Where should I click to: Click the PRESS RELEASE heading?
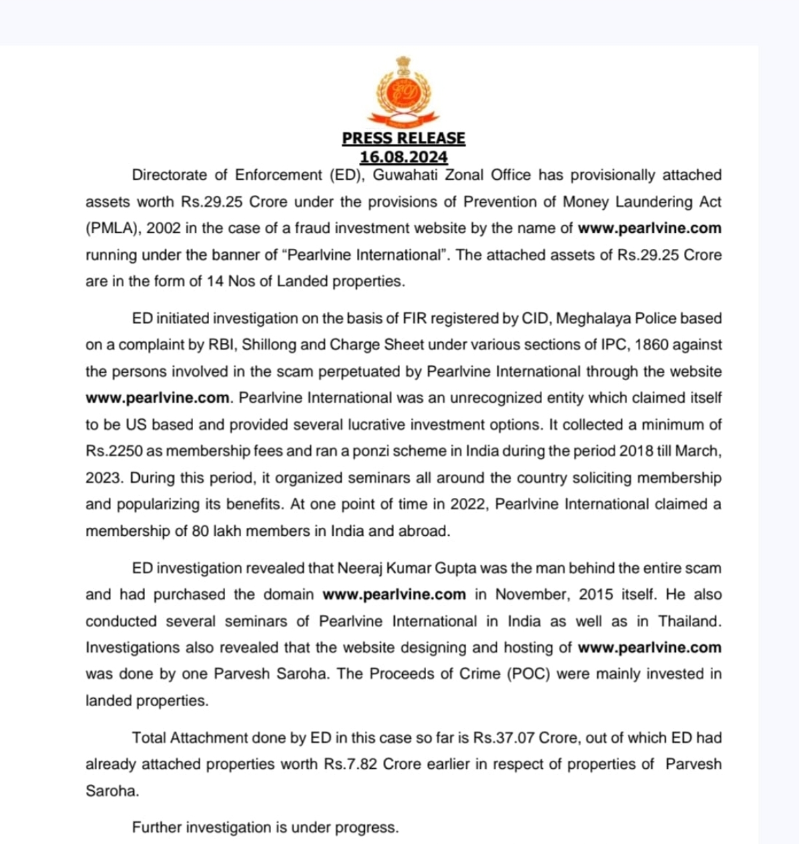pyautogui.click(x=403, y=138)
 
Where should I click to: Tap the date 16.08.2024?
pyautogui.click(x=403, y=157)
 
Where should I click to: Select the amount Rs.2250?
pyautogui.click(x=114, y=451)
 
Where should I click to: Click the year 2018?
pyautogui.click(x=637, y=451)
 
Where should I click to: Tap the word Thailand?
pyautogui.click(x=690, y=621)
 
